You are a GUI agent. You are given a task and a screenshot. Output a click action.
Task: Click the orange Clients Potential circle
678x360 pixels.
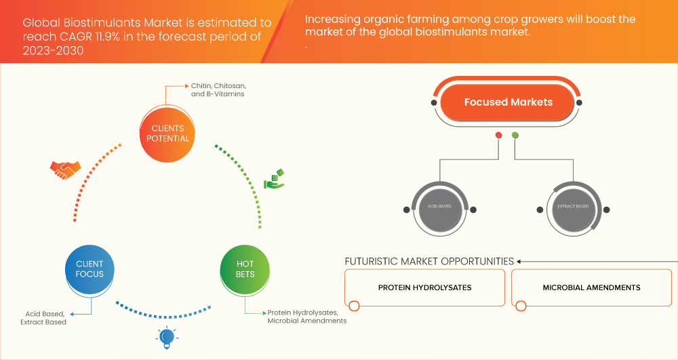tap(167, 134)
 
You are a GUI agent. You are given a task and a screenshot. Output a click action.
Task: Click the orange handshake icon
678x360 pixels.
tap(65, 169)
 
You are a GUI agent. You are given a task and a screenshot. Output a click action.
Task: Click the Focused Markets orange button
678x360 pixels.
tap(508, 102)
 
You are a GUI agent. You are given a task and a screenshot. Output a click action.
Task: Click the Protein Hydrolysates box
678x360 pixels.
tap(424, 287)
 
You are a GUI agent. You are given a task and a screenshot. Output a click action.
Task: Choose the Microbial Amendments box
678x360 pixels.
tap(591, 287)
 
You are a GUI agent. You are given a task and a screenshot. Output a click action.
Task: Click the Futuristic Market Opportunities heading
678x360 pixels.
tap(429, 261)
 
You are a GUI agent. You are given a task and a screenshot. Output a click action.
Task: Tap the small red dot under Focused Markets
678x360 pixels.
tap(499, 136)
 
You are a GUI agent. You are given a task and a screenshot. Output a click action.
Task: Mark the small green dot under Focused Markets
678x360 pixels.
tap(515, 136)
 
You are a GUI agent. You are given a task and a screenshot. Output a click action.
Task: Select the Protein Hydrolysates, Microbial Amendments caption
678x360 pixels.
tap(306, 317)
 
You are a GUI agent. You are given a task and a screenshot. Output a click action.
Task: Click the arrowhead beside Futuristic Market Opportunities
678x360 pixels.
tap(519, 261)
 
